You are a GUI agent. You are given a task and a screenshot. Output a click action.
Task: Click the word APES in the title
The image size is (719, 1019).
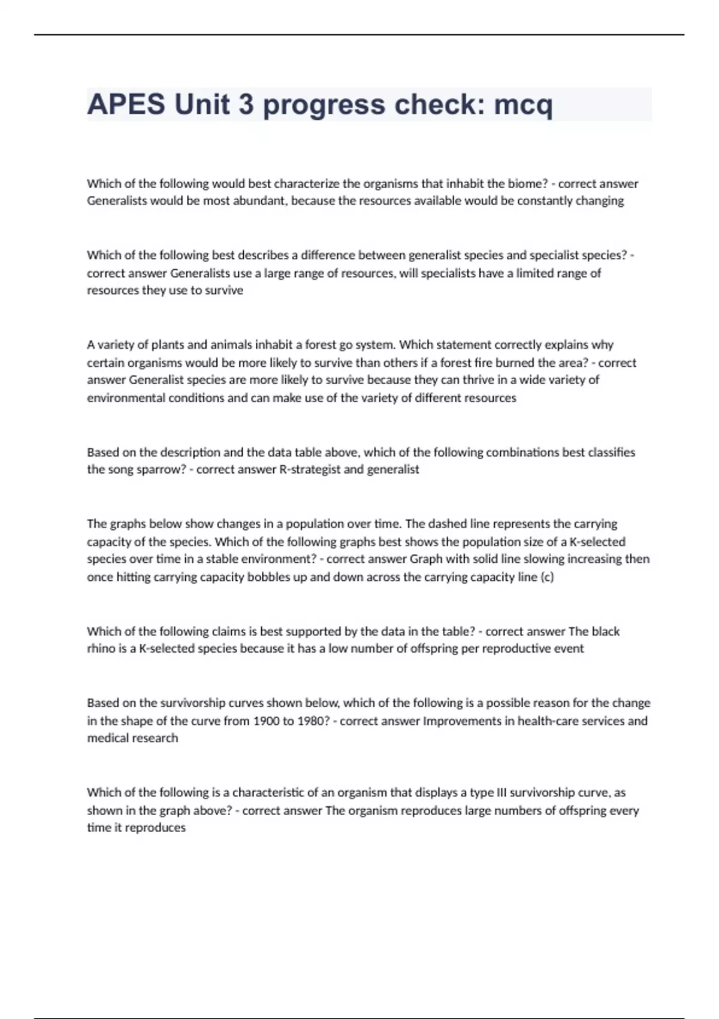click(x=126, y=105)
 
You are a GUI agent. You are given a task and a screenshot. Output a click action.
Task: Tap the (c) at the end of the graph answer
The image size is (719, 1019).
click(x=546, y=577)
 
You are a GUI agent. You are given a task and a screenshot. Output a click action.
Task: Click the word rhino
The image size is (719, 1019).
click(x=101, y=649)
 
